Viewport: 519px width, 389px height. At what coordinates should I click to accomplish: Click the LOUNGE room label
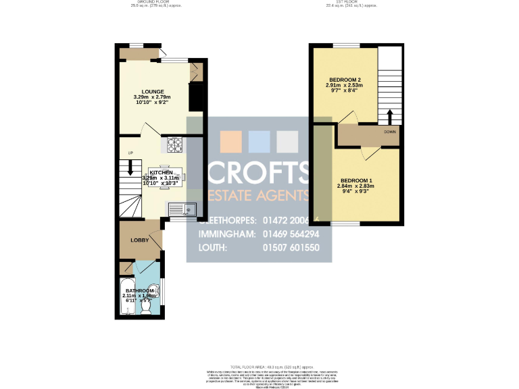tap(153, 91)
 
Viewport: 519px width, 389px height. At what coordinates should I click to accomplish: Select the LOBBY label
tap(139, 240)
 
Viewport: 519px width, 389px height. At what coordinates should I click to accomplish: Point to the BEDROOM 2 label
tap(344, 80)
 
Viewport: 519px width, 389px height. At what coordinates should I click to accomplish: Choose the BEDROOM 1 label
tap(356, 180)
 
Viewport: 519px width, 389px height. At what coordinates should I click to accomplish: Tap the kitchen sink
tap(182, 209)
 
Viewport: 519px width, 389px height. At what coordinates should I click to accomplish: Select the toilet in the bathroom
tap(145, 308)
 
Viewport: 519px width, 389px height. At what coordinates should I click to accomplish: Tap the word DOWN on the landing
tap(390, 132)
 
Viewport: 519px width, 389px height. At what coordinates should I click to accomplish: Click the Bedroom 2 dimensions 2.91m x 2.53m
tap(344, 86)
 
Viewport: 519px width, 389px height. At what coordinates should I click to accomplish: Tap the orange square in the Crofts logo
tap(230, 141)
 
